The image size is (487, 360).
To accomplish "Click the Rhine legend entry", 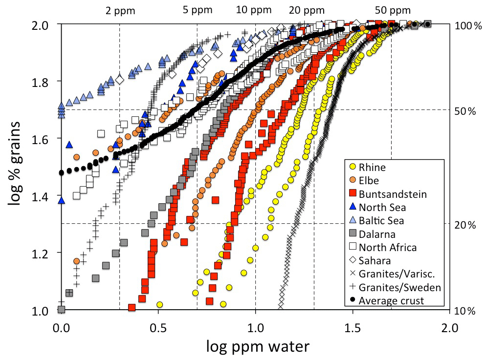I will pyautogui.click(x=372, y=168).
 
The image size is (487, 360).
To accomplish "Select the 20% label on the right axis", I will pyautogui.click(x=464, y=225).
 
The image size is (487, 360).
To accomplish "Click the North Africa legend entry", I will pyautogui.click(x=387, y=247).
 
